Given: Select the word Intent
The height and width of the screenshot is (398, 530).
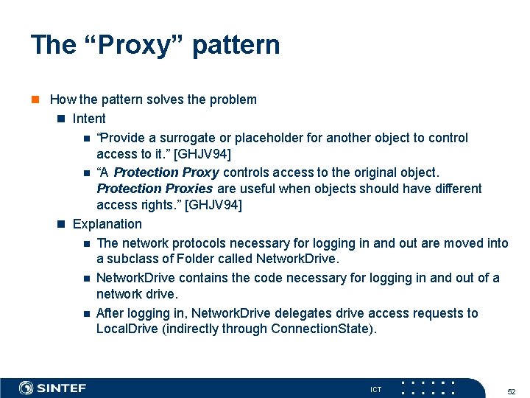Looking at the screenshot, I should click(x=89, y=119).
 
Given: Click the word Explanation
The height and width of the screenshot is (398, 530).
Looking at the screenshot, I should click(x=107, y=224).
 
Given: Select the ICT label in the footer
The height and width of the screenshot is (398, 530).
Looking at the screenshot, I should click(x=375, y=389).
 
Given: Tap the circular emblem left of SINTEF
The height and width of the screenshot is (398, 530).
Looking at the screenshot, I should click(x=26, y=388).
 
